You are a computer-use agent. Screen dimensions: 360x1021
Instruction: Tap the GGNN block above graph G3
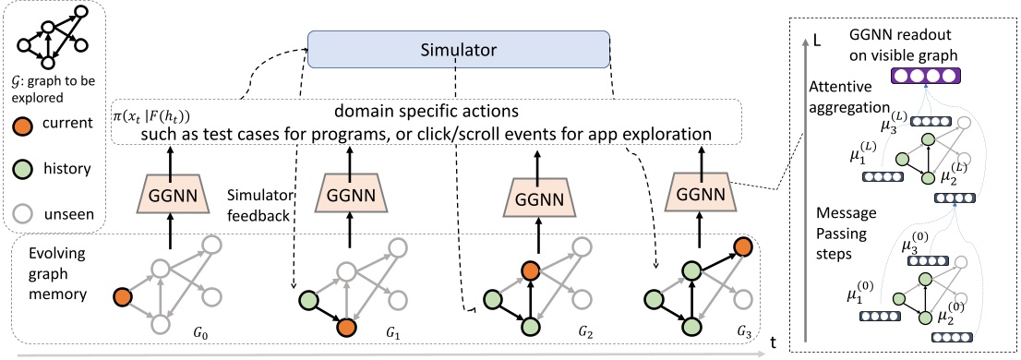click(701, 197)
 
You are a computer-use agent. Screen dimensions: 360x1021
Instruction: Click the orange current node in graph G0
click(121, 297)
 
